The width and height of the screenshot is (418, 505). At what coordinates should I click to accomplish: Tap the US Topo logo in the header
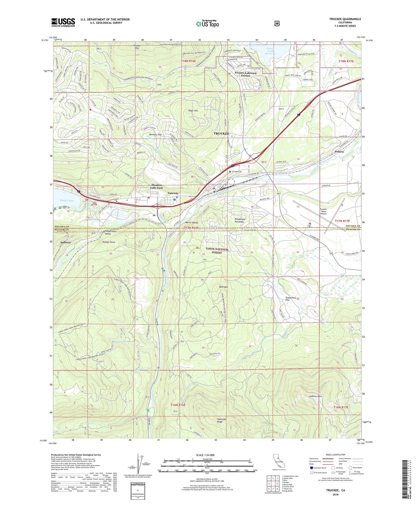pos(207,24)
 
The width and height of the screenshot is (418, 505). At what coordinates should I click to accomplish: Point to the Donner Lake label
pos(67,200)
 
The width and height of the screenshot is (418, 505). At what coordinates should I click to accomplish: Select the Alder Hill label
pos(193,111)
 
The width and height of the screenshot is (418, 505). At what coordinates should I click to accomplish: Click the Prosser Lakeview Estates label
pos(246,74)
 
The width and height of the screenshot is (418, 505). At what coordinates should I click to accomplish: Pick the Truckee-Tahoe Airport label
pos(323,211)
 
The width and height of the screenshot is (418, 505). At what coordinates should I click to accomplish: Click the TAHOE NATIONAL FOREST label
pos(217,251)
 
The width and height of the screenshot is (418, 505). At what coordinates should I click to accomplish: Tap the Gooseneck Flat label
pos(291,299)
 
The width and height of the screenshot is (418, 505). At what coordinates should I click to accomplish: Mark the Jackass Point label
pos(108,242)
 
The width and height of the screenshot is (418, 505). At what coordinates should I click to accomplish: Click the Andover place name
pos(66,242)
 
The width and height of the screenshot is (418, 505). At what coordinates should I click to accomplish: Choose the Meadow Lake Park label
pos(157,186)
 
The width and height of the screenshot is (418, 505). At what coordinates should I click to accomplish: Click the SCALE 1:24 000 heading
pos(205,455)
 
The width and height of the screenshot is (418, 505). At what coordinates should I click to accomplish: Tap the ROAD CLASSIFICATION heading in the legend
pos(335,455)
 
